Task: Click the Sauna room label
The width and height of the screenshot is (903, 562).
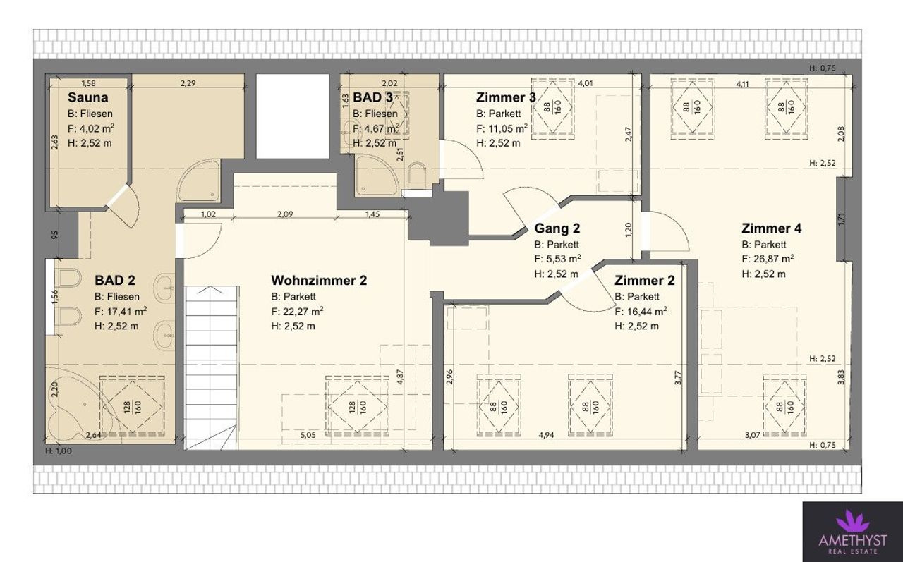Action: coord(88,97)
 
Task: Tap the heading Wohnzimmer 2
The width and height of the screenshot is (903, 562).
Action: coord(319,281)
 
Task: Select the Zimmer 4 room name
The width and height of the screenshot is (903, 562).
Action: coord(772,228)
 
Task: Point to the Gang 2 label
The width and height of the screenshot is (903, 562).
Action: coord(557,228)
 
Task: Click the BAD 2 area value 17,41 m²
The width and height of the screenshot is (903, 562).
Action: coord(126,311)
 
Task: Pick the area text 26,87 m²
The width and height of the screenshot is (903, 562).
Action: coord(774,259)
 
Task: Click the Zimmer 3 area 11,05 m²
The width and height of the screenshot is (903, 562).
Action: coord(508,128)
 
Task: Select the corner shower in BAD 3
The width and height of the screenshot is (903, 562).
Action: coord(376,176)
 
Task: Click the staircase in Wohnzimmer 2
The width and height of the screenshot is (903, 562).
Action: coord(211,367)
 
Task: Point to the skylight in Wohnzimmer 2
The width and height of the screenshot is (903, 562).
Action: coord(357,406)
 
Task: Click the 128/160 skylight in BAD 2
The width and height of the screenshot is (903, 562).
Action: coord(132,406)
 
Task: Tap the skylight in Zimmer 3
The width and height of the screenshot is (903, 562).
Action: coord(552,108)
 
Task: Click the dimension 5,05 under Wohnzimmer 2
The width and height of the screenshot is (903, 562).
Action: coord(308,434)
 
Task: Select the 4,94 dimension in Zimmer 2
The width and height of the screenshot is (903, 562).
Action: coord(546,434)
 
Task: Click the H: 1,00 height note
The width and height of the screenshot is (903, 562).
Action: coord(59,451)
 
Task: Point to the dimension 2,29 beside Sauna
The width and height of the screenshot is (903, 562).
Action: coord(188,83)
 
